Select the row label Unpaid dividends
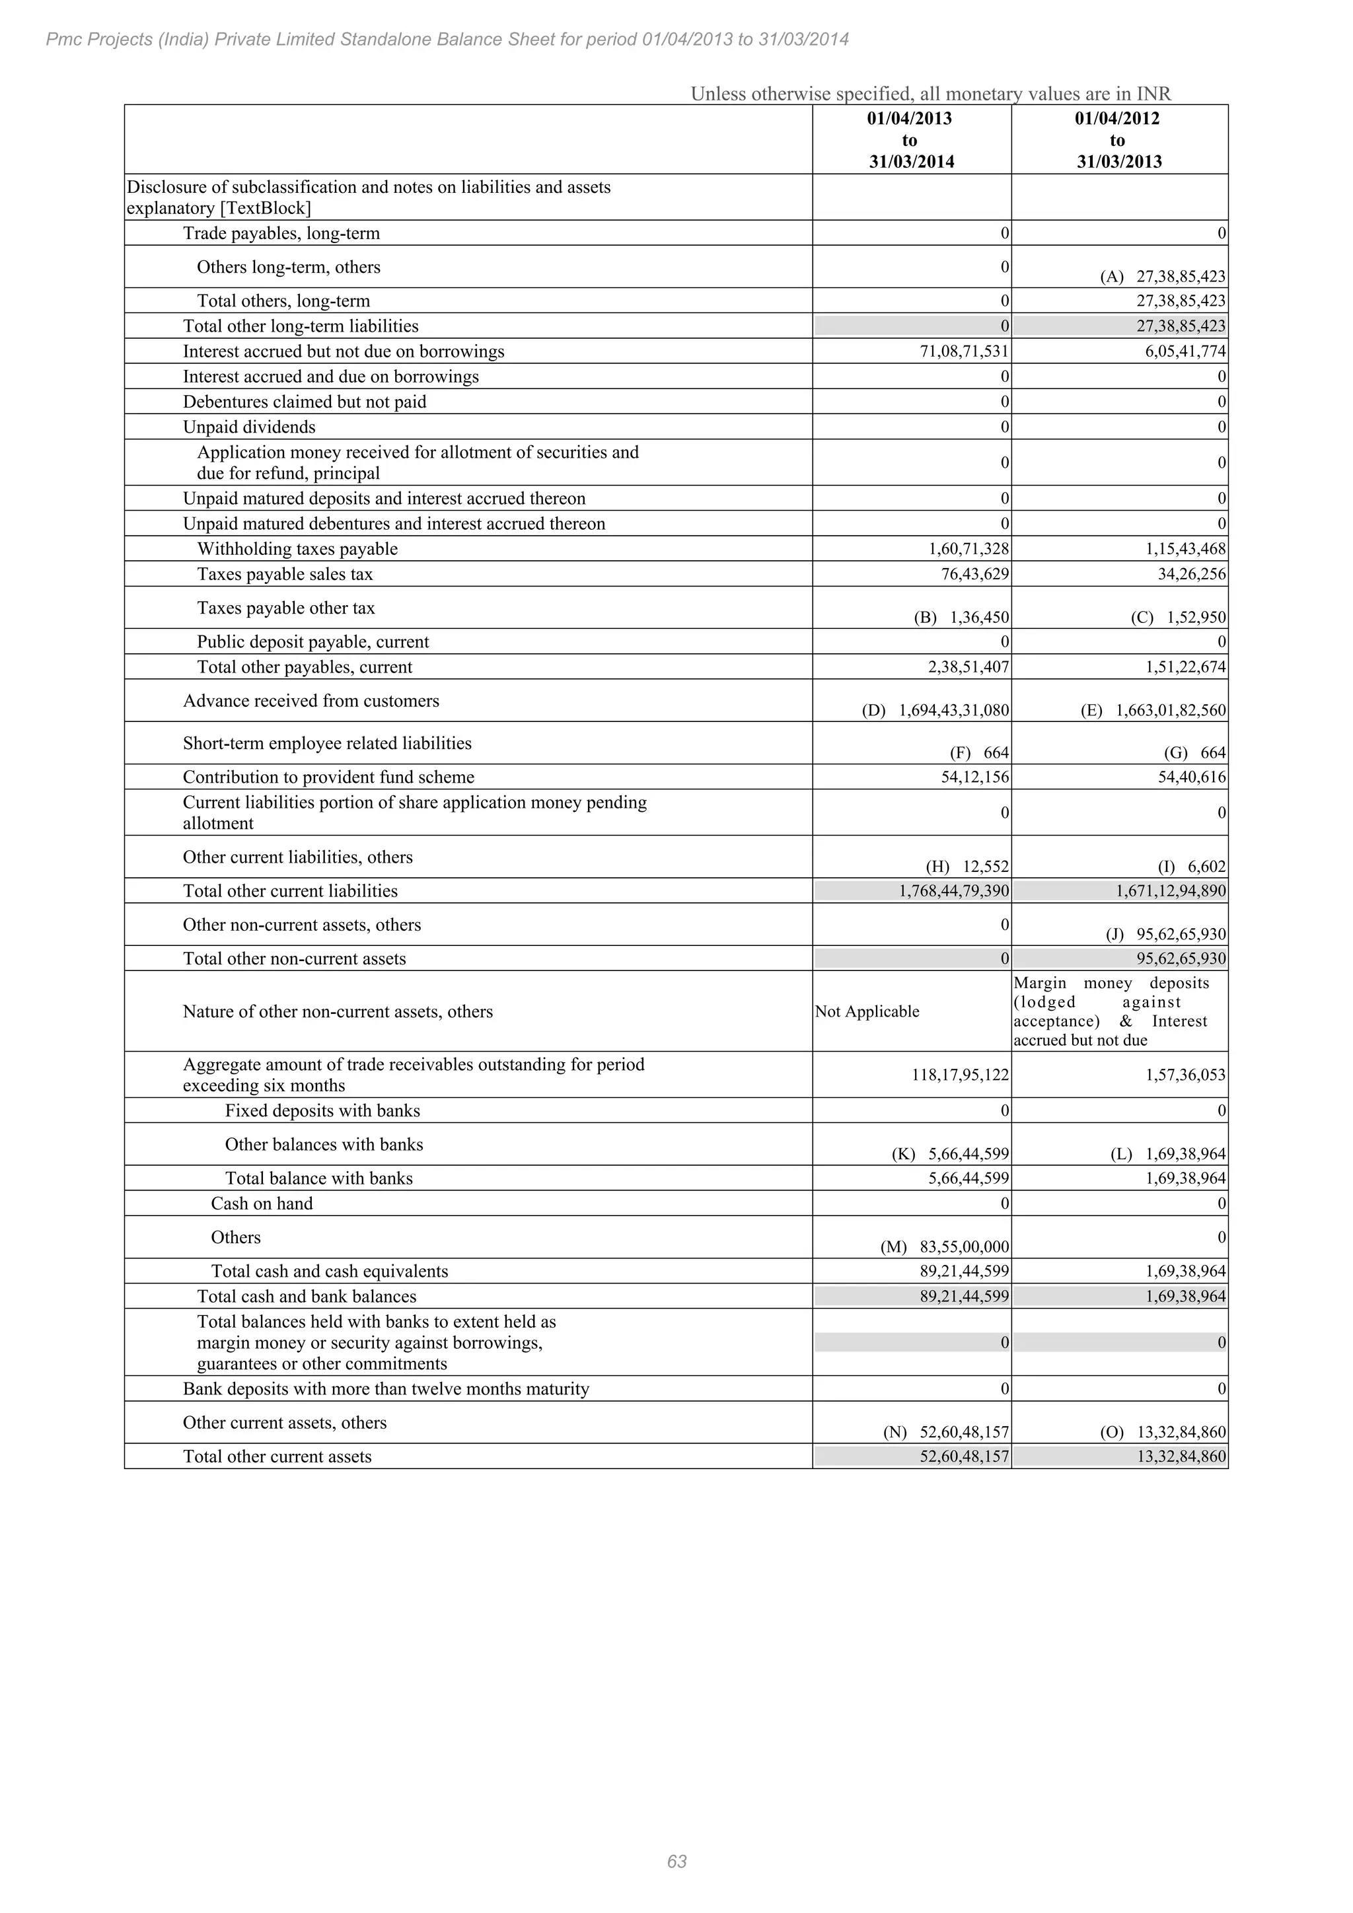249,427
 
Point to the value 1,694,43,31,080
954,711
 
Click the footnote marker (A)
1111,277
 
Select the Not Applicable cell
867,1011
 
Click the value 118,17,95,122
961,1075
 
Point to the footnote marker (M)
893,1247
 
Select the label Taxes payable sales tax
285,575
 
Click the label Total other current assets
277,1457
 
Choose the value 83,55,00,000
964,1247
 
